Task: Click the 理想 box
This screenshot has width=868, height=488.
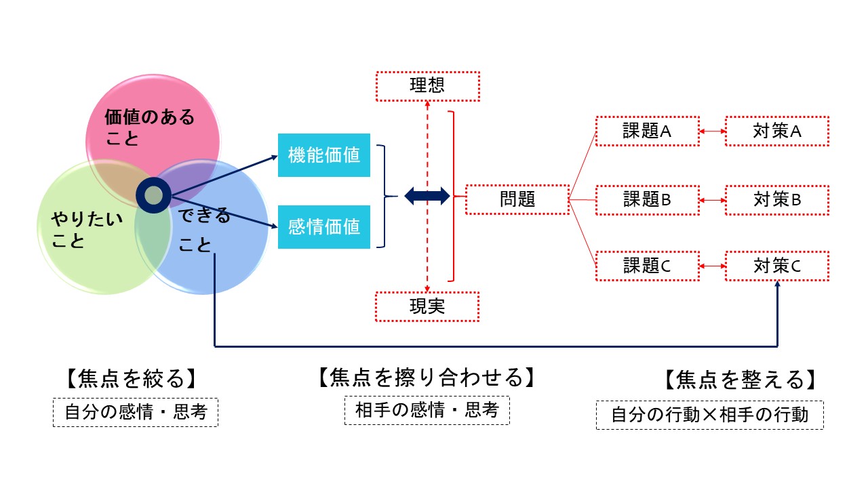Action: click(427, 85)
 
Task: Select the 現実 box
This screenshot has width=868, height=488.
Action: click(427, 306)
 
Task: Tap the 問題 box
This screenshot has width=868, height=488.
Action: click(517, 199)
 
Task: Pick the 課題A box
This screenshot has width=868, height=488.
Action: click(647, 131)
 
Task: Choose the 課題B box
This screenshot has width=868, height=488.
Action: click(647, 199)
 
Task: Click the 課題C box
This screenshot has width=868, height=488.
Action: click(647, 266)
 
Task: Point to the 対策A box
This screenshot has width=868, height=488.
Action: click(777, 131)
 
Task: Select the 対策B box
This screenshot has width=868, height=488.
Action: click(777, 199)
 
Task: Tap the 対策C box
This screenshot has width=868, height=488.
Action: click(777, 266)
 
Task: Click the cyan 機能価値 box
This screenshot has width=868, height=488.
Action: click(324, 155)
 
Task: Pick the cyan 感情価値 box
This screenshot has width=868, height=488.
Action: click(324, 226)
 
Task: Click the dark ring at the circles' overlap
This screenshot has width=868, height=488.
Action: click(154, 195)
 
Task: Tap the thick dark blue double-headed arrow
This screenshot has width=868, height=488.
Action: click(427, 197)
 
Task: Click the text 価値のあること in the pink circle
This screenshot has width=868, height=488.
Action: click(149, 127)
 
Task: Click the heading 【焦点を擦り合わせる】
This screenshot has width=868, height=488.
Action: click(427, 377)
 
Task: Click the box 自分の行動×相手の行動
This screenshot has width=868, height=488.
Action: click(710, 415)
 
